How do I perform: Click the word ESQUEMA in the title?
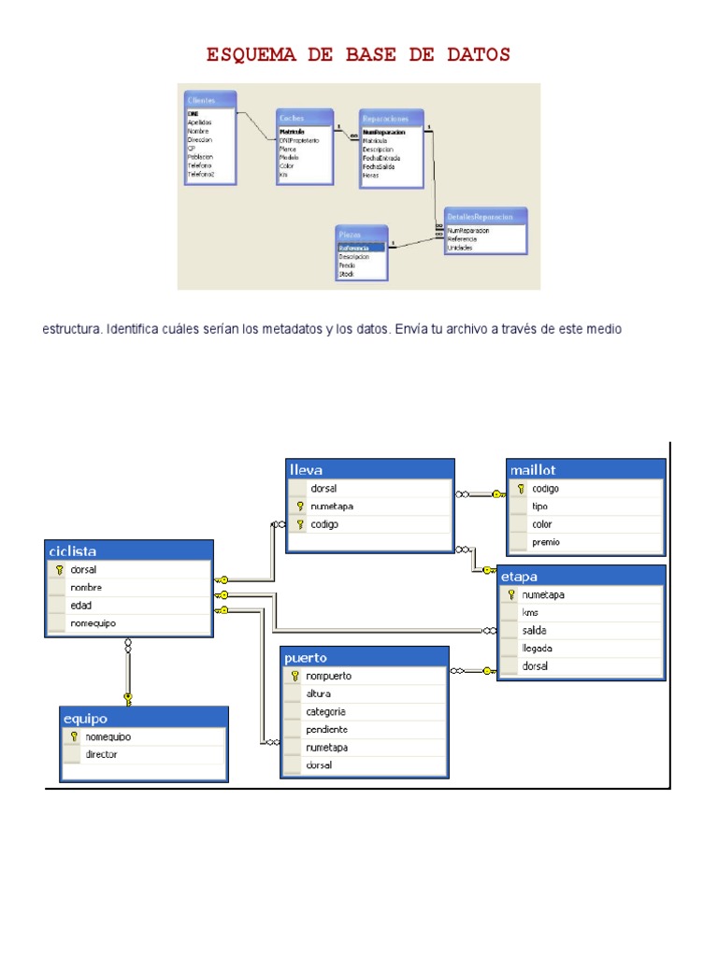coord(251,55)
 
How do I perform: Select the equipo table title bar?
coord(145,718)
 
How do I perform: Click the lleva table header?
coord(370,469)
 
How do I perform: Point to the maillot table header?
coord(586,469)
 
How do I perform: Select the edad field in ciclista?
coord(80,605)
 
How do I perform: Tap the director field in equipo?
coord(101,754)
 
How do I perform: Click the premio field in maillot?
coord(546,542)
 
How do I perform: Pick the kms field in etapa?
coord(530,612)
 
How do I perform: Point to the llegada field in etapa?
coord(538,648)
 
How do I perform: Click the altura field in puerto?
coord(318,693)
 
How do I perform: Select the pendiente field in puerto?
coord(326,729)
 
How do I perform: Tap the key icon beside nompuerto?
coord(294,676)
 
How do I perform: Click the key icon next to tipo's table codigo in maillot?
coord(521,489)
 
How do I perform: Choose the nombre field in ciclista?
coord(86,587)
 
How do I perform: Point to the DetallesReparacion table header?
coord(484,216)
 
